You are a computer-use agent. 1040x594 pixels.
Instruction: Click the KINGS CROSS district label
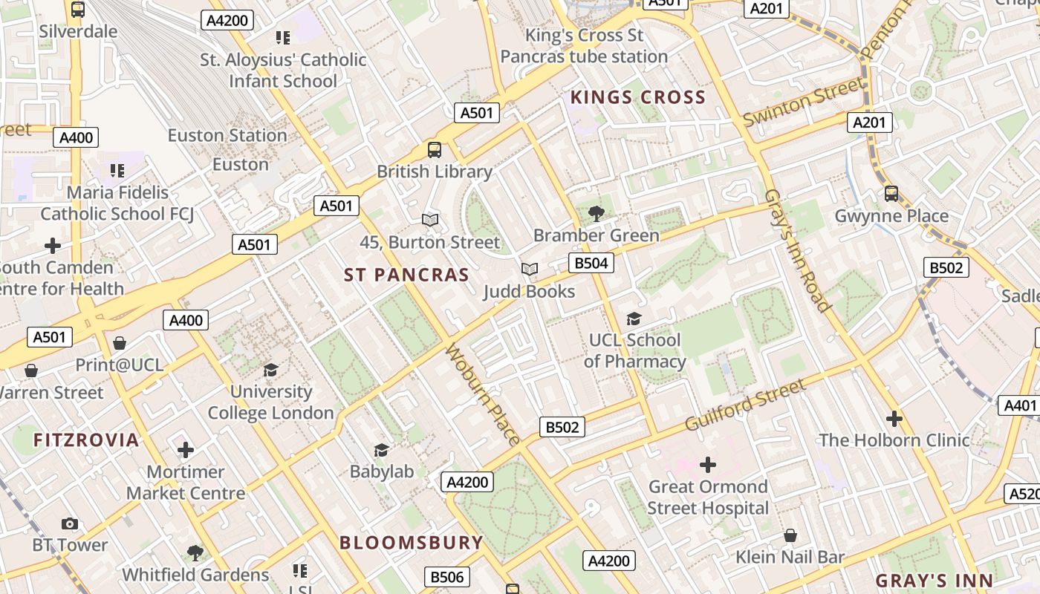637,97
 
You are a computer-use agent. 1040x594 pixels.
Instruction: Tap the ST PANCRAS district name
406,275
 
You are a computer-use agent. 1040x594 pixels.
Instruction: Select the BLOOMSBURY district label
412,542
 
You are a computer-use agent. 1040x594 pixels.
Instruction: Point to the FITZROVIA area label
86,440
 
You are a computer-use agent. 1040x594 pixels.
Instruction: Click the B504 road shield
591,263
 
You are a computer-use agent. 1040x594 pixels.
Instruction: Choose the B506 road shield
447,577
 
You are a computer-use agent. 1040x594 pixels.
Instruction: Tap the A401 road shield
1020,405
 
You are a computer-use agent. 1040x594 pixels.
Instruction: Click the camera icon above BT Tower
70,523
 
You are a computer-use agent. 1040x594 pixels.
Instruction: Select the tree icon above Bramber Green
596,214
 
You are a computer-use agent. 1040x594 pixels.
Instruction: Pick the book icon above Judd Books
529,269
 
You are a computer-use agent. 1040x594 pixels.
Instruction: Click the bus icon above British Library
435,150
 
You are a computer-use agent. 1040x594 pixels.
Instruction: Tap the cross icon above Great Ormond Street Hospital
708,465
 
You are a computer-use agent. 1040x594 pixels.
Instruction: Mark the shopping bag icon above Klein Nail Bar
790,535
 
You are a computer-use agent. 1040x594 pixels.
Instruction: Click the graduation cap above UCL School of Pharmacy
634,319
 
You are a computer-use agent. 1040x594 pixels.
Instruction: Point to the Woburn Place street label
482,394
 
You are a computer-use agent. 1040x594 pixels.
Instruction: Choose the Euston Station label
227,135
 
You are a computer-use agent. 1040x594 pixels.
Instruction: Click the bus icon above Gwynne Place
891,194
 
